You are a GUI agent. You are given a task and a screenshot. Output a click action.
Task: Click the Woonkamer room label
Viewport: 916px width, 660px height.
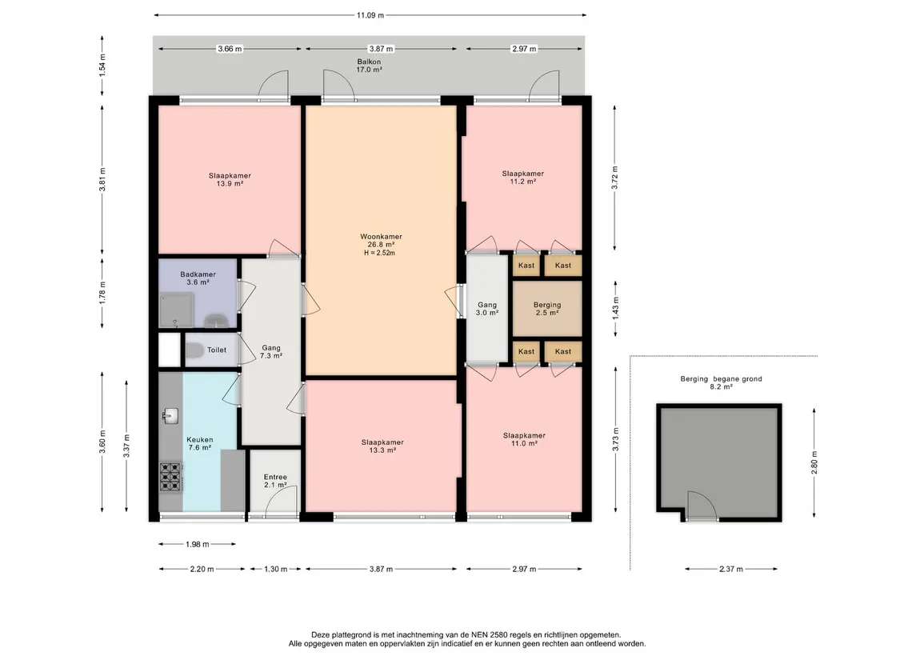tap(380, 237)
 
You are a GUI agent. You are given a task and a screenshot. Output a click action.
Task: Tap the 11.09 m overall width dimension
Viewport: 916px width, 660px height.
tap(370, 15)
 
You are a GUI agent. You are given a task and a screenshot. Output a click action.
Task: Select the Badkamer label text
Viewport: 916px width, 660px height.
tap(198, 274)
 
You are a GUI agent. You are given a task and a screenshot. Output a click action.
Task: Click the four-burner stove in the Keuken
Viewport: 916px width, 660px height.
tap(170, 477)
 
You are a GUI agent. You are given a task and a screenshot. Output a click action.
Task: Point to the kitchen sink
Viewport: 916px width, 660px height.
tap(170, 415)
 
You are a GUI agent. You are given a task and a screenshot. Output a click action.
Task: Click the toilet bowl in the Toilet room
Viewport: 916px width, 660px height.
tap(194, 350)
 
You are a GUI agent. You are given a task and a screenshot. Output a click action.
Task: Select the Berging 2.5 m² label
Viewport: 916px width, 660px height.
tap(547, 308)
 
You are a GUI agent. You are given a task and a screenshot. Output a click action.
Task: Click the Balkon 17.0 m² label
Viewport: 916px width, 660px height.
tap(370, 66)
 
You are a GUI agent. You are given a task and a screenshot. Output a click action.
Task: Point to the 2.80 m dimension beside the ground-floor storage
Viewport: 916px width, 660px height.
tap(814, 462)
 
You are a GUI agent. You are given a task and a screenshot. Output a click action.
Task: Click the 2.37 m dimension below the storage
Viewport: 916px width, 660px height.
tap(731, 569)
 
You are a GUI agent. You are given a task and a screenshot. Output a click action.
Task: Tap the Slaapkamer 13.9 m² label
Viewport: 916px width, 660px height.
tap(230, 179)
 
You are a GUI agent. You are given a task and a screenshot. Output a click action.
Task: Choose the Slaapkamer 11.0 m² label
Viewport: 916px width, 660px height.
tap(524, 439)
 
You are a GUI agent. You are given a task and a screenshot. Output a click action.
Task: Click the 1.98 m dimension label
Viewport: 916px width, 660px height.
tap(198, 544)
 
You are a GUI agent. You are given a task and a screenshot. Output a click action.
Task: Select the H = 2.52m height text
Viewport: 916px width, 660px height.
tap(380, 253)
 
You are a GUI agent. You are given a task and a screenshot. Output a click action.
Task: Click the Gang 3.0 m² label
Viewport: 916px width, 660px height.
tap(487, 308)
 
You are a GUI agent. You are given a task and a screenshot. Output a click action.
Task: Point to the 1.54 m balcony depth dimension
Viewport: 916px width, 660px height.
tap(102, 66)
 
